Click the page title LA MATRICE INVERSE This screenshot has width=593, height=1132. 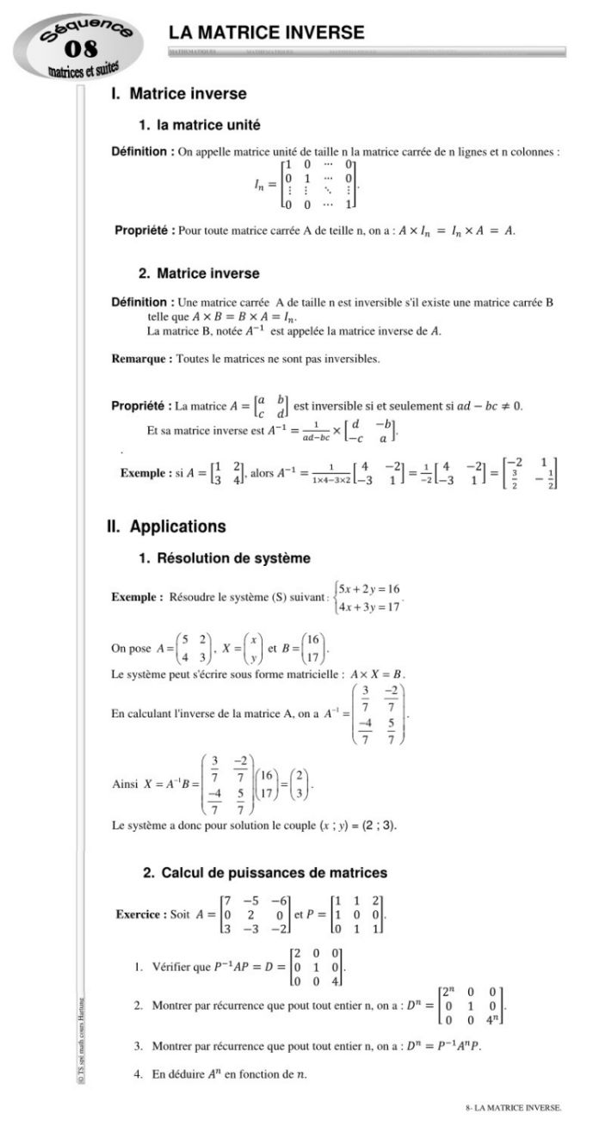pos(266,33)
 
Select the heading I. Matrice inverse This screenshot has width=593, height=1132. pos(178,94)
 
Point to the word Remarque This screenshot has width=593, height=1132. pos(142,358)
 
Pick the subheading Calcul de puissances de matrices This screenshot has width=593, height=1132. pos(265,872)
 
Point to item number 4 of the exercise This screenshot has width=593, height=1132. pos(138,1074)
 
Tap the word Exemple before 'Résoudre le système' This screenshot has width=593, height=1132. pos(138,597)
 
